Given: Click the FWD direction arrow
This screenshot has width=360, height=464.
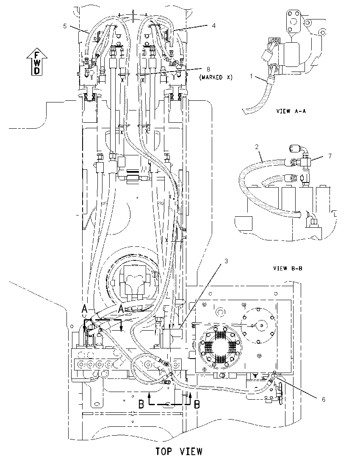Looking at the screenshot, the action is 36,62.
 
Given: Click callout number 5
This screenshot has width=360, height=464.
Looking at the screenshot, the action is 65,26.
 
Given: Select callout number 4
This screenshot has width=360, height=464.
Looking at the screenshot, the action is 213,26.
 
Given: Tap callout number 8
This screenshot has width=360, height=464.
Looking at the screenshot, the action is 208,69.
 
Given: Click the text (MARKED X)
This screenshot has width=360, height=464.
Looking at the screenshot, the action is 216,77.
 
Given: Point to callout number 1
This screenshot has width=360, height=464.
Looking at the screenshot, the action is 251,76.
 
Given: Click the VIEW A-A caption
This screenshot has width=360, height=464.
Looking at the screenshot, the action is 291,111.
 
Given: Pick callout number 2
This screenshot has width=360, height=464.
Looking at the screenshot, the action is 257,147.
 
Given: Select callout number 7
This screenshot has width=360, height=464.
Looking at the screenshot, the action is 330,156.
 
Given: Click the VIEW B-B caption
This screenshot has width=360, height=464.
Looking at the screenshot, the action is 288,268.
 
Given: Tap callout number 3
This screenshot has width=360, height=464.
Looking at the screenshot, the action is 226,261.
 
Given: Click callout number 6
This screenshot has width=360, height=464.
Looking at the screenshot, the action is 324,400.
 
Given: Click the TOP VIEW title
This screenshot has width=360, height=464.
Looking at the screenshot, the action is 179,451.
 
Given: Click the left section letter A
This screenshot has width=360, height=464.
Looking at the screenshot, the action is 84,309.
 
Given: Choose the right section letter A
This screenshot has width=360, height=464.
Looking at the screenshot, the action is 121,309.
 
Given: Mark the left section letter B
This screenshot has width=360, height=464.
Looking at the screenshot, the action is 141,404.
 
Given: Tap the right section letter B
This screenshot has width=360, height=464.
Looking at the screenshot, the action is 197,404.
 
